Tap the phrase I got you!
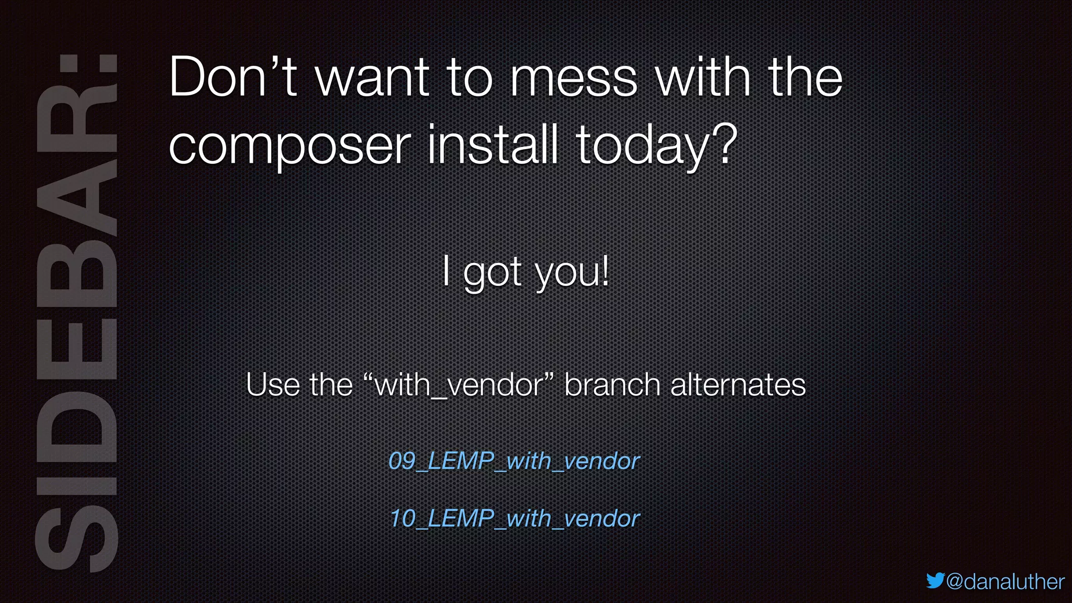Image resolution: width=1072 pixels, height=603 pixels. click(526, 272)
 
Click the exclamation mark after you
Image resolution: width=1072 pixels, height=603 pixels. click(605, 271)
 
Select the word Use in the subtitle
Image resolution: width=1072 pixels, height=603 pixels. click(273, 385)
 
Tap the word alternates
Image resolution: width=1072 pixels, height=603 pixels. click(738, 385)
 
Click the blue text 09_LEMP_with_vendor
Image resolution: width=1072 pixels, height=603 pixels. click(514, 461)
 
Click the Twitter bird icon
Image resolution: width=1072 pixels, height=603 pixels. click(935, 580)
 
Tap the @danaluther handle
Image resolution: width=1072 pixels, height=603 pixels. click(1006, 582)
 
